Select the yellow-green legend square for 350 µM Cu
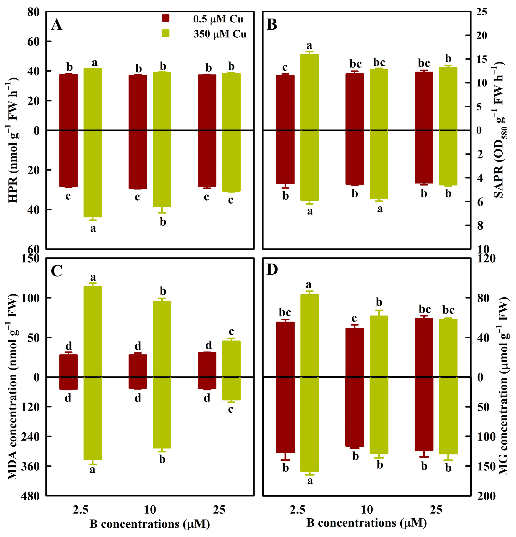tap(166, 33)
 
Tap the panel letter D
tap(272, 270)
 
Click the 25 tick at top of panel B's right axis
tap(482, 12)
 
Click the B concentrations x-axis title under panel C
tap(150, 524)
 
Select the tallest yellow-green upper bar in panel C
tap(93, 332)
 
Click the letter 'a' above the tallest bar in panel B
tap(309, 45)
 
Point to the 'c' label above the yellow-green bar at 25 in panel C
tap(231, 332)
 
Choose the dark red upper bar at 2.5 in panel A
tap(69, 102)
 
